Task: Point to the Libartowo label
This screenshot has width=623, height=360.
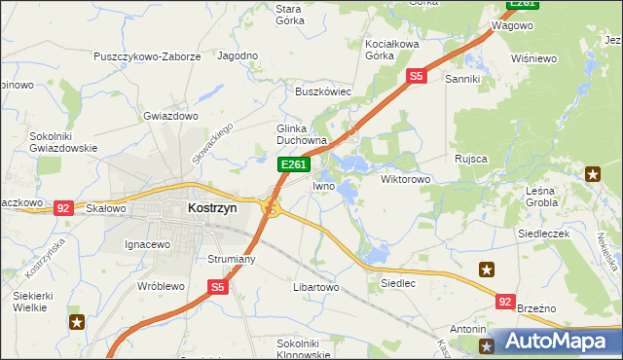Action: (314, 288)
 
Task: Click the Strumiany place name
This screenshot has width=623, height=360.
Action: (231, 260)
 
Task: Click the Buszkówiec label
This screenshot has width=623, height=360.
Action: (323, 91)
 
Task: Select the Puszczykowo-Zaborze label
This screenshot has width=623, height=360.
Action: (147, 56)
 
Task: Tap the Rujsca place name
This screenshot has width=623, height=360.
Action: (470, 158)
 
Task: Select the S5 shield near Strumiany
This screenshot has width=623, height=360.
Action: (217, 287)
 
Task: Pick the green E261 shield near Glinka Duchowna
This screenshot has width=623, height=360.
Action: (294, 165)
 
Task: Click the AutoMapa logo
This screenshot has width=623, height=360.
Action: (556, 342)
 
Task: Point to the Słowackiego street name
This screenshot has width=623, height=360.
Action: (214, 143)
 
